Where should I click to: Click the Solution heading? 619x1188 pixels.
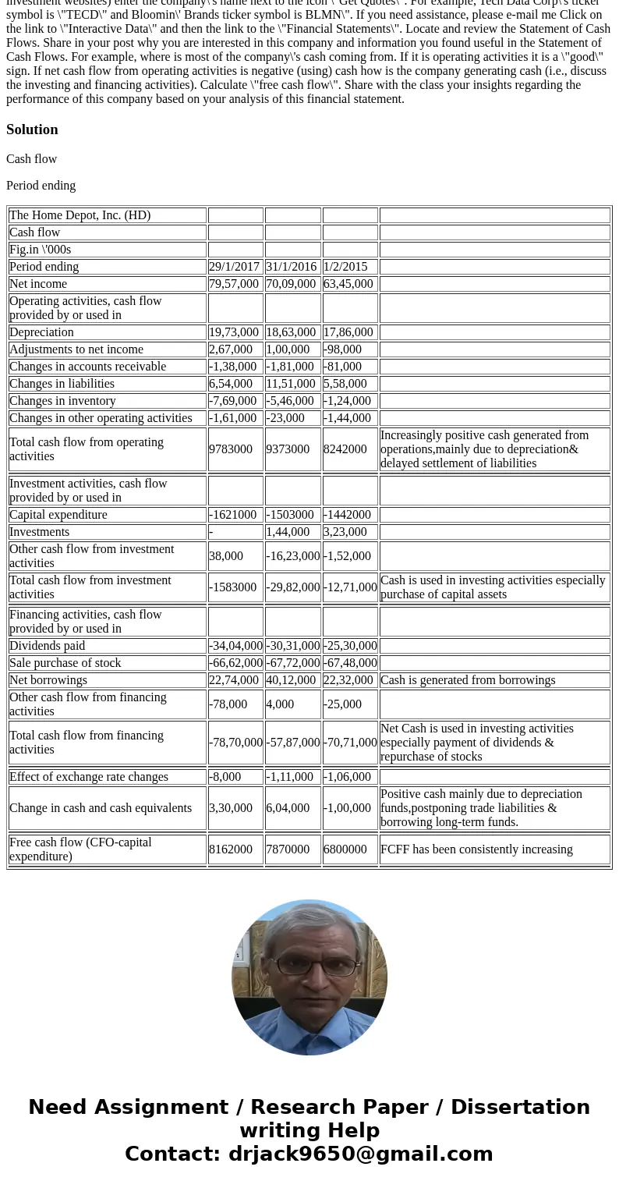tap(32, 129)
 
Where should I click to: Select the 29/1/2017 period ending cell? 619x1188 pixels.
tap(234, 267)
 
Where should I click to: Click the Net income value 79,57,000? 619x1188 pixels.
tap(234, 284)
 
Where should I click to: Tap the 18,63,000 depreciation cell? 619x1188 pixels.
tap(291, 332)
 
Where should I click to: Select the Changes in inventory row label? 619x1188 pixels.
tap(62, 401)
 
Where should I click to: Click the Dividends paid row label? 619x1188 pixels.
tap(48, 646)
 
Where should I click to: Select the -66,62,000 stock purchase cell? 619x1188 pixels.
tap(235, 663)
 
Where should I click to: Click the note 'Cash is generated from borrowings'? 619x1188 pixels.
tap(468, 680)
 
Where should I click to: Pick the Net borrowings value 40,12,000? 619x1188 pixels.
tap(291, 680)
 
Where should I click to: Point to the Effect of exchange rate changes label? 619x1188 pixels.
tap(89, 777)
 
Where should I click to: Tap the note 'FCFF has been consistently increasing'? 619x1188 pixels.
tap(476, 849)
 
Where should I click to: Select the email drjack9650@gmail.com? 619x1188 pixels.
tap(360, 1154)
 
